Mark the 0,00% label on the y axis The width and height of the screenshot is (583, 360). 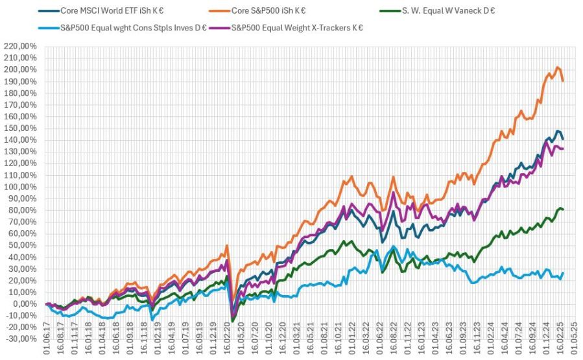coord(27,304)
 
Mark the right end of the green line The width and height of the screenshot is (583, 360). coord(563,210)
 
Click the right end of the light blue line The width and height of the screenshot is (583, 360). coord(563,272)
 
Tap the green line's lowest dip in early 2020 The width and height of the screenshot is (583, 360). coord(232,320)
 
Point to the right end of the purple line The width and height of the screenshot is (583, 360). coord(563,149)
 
